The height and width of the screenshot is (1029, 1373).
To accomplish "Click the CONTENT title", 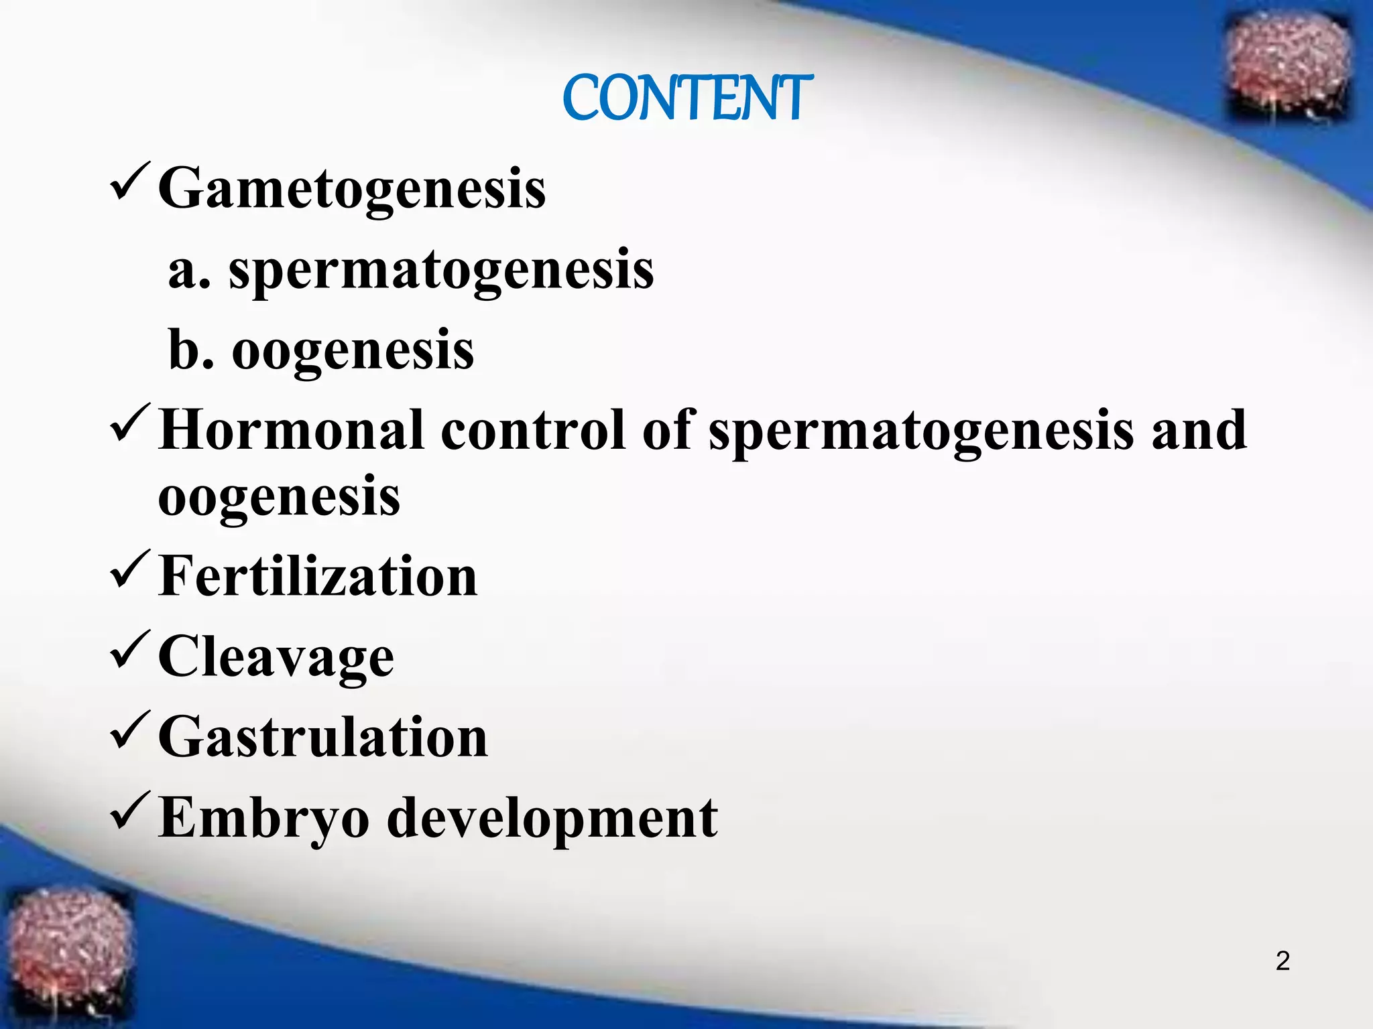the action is pyautogui.click(x=687, y=98).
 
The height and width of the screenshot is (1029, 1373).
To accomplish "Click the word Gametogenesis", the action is pyautogui.click(x=352, y=190).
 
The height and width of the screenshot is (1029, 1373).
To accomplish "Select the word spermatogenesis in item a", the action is pyautogui.click(x=441, y=270).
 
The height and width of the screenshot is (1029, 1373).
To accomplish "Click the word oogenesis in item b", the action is pyautogui.click(x=353, y=351).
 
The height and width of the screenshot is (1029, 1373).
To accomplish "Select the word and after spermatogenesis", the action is pyautogui.click(x=1199, y=430).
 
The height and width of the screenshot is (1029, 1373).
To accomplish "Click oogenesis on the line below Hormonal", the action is pyautogui.click(x=279, y=498).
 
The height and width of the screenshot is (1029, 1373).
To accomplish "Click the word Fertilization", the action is pyautogui.click(x=318, y=576).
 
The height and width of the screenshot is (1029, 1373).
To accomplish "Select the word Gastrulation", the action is pyautogui.click(x=323, y=737).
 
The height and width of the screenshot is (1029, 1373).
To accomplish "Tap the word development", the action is pyautogui.click(x=552, y=819).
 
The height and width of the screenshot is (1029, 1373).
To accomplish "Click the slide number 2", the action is pyautogui.click(x=1282, y=961).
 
